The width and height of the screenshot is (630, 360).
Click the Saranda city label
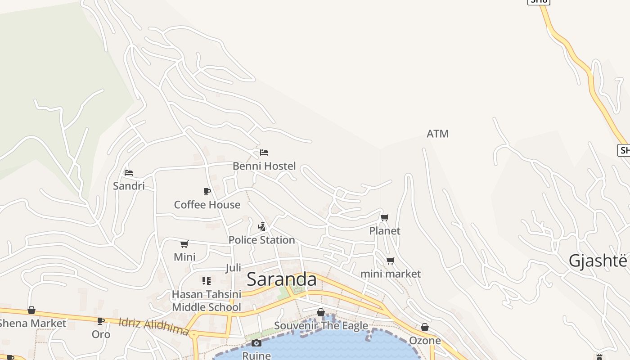(282, 279)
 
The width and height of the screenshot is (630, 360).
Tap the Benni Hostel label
(264, 166)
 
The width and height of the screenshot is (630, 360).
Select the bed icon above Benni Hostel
(264, 153)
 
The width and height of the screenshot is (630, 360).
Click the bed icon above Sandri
(129, 172)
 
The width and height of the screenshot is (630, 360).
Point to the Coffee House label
(207, 205)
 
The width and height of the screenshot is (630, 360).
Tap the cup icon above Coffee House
(207, 191)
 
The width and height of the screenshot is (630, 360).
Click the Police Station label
(261, 240)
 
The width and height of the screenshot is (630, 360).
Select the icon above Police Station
(261, 226)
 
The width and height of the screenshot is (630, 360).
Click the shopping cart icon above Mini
(184, 244)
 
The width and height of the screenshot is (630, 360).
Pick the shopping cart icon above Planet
(385, 218)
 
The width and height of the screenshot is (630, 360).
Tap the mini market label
(391, 274)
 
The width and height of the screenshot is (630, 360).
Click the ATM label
(437, 134)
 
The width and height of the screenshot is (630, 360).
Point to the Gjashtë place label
(598, 261)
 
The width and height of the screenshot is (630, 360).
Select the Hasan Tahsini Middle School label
(207, 301)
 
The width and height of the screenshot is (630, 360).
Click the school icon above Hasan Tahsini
(207, 281)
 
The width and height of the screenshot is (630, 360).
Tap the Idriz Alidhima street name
(153, 327)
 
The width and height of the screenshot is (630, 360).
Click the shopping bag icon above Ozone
(425, 327)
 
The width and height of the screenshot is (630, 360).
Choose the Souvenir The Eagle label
(321, 325)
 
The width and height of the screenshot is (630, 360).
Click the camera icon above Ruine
(256, 343)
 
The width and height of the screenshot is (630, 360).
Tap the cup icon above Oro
(101, 321)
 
